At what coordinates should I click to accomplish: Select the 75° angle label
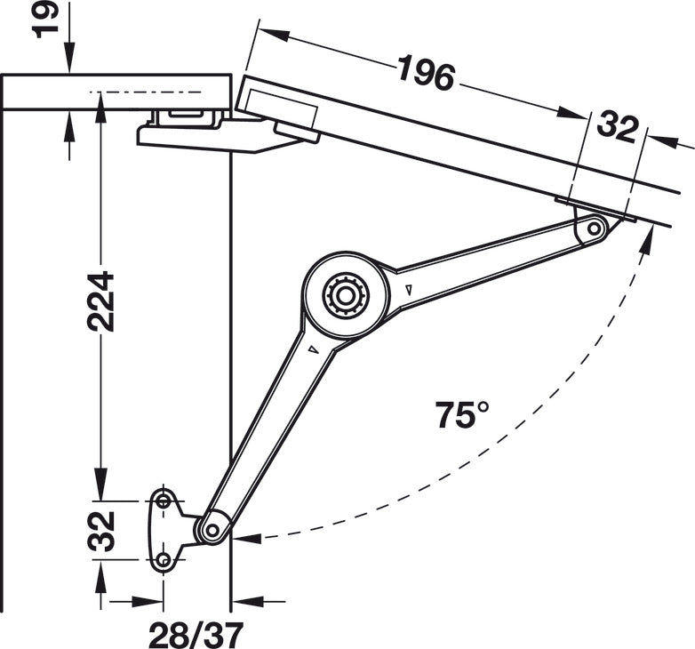(x=462, y=414)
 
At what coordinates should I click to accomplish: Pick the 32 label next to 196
(x=617, y=126)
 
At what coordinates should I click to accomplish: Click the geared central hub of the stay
(x=345, y=294)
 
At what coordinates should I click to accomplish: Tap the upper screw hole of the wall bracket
(x=164, y=501)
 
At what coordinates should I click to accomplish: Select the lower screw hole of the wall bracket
(x=164, y=561)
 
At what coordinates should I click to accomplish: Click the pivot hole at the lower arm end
(x=212, y=530)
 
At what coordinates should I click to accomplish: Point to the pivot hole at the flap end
(x=594, y=229)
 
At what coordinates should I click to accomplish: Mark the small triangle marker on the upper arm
(x=408, y=290)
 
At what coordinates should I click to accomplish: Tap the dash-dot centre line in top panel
(x=151, y=92)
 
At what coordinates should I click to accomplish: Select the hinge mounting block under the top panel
(x=187, y=118)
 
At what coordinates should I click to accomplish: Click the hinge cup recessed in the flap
(x=280, y=107)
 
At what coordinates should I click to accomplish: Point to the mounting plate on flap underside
(x=595, y=209)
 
